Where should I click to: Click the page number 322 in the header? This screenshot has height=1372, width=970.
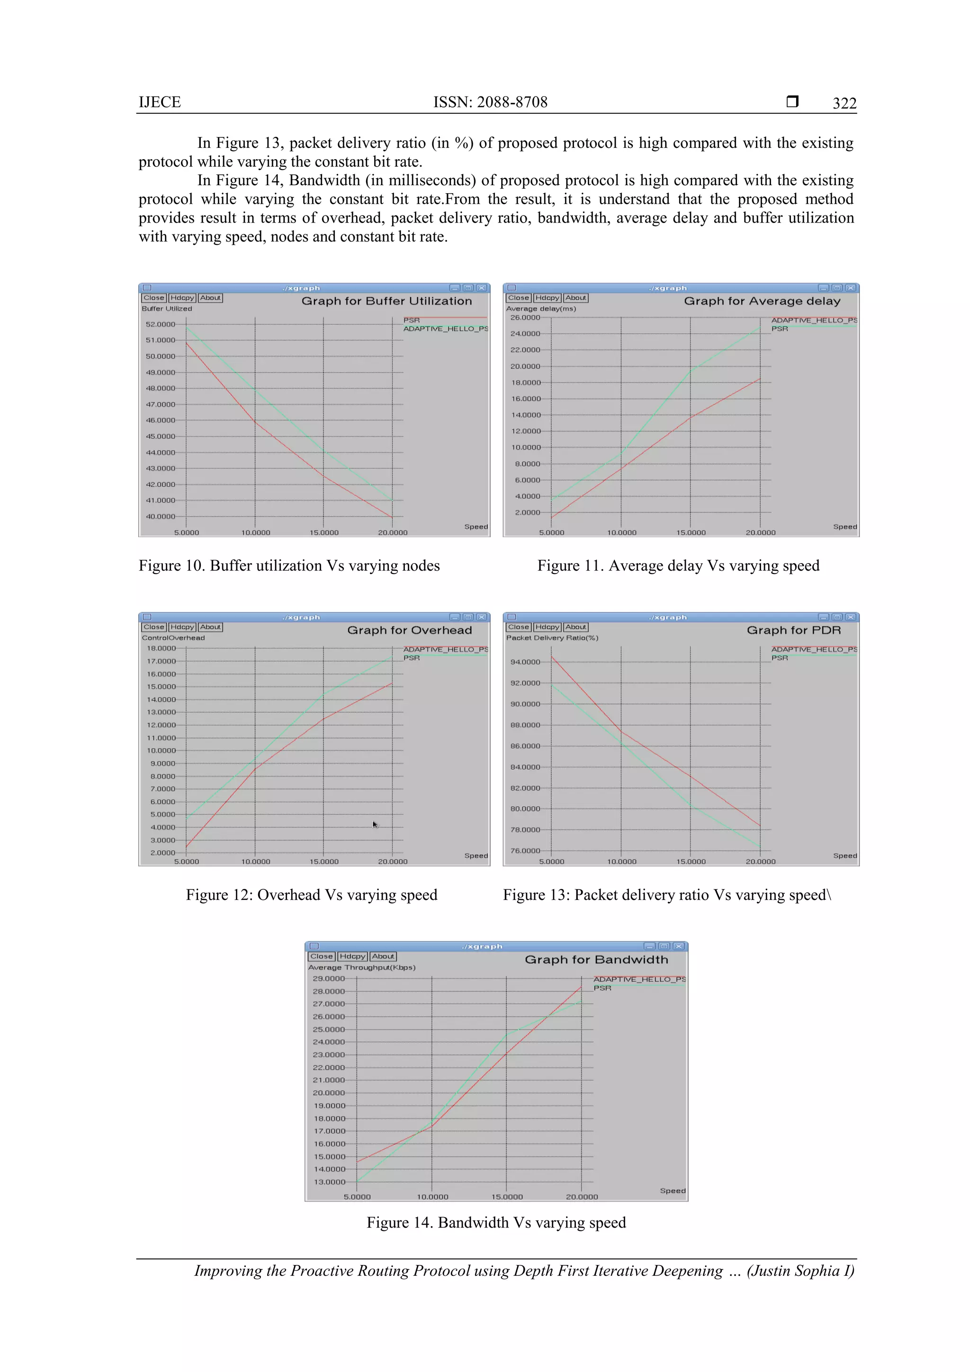[x=844, y=103]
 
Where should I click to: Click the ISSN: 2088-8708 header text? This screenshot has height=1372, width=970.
[x=490, y=102]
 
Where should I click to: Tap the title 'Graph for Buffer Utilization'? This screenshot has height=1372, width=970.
[x=386, y=301]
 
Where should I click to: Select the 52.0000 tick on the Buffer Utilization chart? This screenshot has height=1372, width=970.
[x=161, y=324]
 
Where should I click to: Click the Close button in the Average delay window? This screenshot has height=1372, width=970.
[x=518, y=297]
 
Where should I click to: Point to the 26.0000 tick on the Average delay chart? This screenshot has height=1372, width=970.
[x=525, y=317]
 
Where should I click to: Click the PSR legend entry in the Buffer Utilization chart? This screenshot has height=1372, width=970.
[x=411, y=320]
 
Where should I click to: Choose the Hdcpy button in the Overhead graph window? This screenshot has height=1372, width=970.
[x=182, y=627]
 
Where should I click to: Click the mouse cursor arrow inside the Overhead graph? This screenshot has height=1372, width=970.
[x=375, y=825]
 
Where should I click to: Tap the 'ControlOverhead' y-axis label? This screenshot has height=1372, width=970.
[x=173, y=637]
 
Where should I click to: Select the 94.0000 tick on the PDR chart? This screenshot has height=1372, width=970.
[x=525, y=662]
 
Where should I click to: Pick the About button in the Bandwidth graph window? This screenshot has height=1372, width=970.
[x=383, y=956]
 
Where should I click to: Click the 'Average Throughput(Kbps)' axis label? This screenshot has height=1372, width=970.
[x=361, y=967]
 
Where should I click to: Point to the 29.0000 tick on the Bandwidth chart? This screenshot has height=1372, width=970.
[x=329, y=978]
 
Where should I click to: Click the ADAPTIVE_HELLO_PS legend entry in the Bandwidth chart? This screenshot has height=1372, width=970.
[x=639, y=979]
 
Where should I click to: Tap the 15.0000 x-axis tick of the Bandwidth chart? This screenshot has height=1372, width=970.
[x=507, y=1196]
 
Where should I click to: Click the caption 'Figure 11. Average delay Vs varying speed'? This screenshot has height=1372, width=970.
[x=678, y=565]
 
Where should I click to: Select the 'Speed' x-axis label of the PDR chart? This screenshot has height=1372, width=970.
[x=844, y=856]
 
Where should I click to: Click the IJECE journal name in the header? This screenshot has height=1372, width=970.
[x=160, y=102]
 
